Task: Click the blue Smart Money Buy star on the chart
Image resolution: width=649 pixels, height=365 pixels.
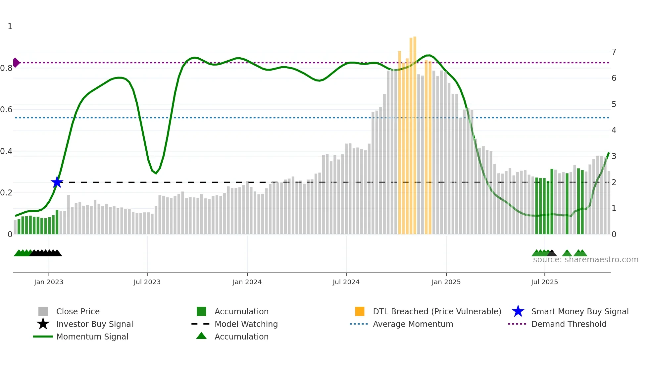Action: (57, 182)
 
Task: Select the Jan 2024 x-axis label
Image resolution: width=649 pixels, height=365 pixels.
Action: (247, 282)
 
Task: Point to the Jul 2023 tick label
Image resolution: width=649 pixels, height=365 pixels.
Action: (147, 282)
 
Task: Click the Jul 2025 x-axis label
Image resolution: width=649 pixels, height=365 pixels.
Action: (544, 282)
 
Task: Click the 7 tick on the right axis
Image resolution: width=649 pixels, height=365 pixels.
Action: (614, 52)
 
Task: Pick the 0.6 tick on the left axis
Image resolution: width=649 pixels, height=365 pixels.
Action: (6, 110)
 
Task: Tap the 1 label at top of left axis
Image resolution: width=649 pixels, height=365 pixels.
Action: (10, 26)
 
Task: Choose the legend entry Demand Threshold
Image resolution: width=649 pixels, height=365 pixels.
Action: (569, 324)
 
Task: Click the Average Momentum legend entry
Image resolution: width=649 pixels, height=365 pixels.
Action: (413, 324)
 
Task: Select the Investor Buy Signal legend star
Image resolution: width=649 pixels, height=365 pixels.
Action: (43, 324)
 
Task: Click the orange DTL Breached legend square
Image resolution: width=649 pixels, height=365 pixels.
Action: (360, 311)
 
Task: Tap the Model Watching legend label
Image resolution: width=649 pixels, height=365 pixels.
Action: (246, 324)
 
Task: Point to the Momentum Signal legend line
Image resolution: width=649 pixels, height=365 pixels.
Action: (43, 337)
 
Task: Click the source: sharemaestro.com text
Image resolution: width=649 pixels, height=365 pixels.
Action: (585, 260)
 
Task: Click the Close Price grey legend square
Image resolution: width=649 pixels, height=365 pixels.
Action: (43, 311)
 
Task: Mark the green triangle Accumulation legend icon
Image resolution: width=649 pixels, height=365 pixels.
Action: (201, 336)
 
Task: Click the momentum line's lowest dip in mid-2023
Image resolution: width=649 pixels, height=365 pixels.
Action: (156, 173)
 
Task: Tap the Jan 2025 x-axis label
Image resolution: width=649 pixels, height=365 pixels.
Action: (446, 282)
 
